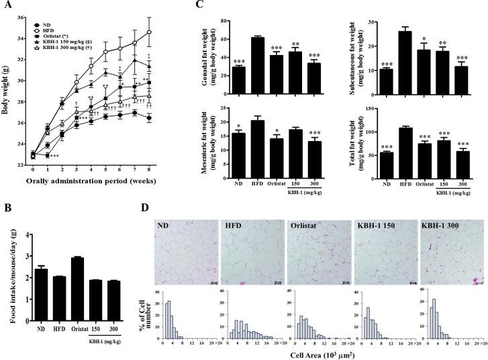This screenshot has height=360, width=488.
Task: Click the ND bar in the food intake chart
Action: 41,291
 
